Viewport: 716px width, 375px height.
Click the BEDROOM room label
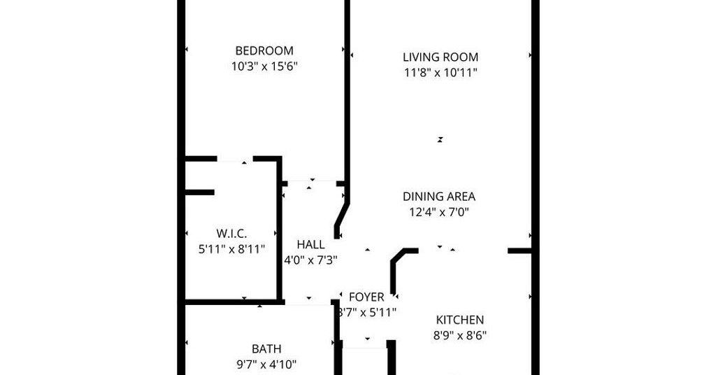click(x=264, y=50)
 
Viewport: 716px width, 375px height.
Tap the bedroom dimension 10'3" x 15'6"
click(x=264, y=66)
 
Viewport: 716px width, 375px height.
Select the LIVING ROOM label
click(x=441, y=57)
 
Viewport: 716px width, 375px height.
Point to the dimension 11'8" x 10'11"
click(x=441, y=73)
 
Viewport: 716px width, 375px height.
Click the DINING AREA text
click(x=439, y=197)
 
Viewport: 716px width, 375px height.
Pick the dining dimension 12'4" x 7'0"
click(x=439, y=213)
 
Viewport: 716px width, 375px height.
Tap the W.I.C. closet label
click(x=231, y=234)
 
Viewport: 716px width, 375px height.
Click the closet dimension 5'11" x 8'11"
click(x=231, y=249)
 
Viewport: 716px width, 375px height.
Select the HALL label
click(x=311, y=244)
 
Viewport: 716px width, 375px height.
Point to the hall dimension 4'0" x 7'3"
click(x=311, y=260)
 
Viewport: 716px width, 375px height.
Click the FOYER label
click(x=366, y=297)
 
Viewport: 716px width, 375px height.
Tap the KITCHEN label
click(x=460, y=320)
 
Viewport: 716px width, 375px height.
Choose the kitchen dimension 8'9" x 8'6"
click(x=460, y=336)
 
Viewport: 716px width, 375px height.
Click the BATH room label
click(x=266, y=349)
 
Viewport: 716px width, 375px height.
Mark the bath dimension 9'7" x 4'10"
click(x=266, y=365)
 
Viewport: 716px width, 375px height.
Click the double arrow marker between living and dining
click(x=441, y=140)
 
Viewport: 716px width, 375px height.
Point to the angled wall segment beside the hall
click(x=342, y=220)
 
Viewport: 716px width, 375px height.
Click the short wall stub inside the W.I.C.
click(x=199, y=192)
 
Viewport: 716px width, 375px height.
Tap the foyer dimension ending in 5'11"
click(x=367, y=313)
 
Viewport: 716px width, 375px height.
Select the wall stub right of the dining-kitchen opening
click(x=520, y=250)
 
